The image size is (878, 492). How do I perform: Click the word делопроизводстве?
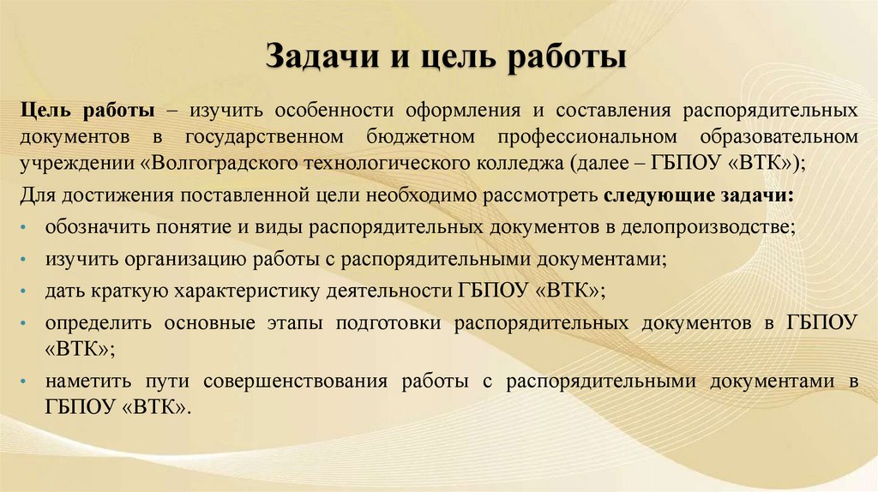click(x=699, y=228)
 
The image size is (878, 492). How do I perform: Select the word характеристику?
click(x=247, y=291)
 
